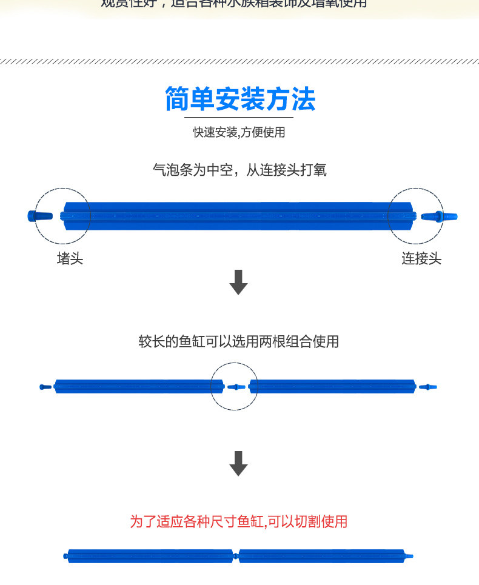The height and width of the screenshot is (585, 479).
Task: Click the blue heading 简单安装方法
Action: (239, 99)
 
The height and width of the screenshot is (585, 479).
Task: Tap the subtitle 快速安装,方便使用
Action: (239, 132)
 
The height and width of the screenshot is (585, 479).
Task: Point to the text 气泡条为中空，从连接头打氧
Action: (239, 170)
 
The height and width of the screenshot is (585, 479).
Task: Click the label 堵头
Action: (70, 259)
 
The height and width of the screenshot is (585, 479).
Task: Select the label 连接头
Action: (421, 259)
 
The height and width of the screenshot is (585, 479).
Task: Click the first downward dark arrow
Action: (239, 282)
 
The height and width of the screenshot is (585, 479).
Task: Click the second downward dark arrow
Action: (239, 464)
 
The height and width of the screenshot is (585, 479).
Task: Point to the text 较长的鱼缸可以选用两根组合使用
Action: (239, 342)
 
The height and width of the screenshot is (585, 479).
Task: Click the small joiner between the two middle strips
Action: (235, 386)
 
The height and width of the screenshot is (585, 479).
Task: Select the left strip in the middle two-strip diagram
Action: (133, 386)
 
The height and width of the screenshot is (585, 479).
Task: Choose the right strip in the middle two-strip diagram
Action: (332, 386)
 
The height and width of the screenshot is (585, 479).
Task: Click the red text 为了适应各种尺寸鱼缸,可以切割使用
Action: (239, 521)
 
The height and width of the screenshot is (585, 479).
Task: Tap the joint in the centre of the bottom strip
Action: (236, 556)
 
